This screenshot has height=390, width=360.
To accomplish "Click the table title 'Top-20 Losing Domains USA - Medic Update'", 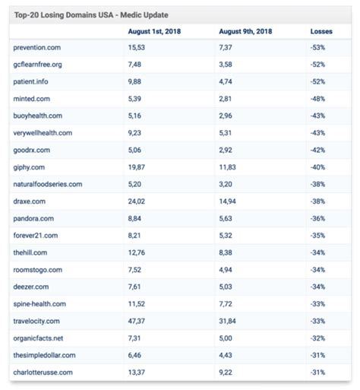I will point(91,14).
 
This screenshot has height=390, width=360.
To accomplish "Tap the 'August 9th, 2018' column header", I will point(245,31).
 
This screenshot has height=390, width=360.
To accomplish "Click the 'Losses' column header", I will point(321,31).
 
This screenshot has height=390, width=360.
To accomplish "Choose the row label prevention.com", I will point(37,48).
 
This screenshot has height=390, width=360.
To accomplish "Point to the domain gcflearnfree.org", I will point(38,65).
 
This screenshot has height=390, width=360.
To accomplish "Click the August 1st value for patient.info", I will point(137,82).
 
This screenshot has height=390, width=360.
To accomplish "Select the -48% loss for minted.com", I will point(318,99).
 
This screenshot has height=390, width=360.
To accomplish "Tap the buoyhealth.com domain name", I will point(38,116).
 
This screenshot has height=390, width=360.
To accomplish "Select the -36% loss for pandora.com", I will point(318,219).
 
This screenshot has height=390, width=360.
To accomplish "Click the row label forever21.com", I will point(36,236).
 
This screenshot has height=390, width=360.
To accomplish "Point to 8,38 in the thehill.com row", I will point(226,253).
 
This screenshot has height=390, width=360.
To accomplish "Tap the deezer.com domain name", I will point(32,287).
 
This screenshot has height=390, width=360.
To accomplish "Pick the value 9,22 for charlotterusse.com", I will point(226,373).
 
